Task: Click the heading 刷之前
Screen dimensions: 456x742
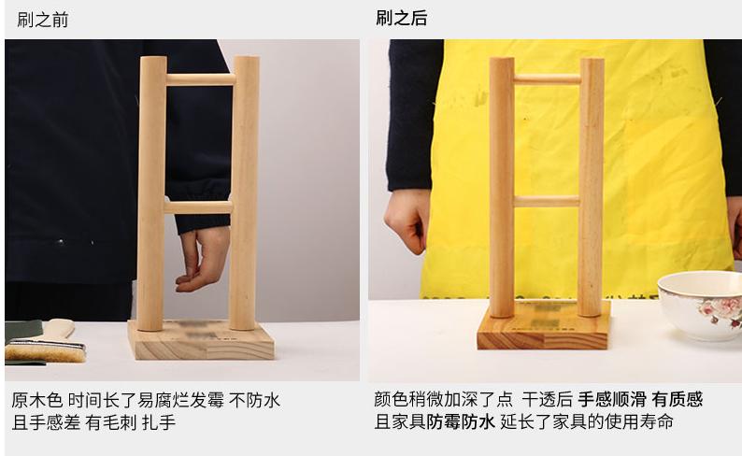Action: tap(42, 20)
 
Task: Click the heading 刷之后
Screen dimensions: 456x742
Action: tap(402, 19)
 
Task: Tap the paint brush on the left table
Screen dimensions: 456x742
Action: tap(45, 349)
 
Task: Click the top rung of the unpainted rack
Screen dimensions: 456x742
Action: tap(200, 79)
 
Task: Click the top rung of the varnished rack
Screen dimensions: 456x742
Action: tap(547, 79)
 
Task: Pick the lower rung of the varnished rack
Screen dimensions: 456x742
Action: tap(547, 201)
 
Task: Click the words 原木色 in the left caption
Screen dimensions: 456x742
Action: tap(36, 400)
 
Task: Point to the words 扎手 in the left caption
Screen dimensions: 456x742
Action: tap(159, 422)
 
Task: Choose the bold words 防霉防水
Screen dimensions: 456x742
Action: tap(461, 422)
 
